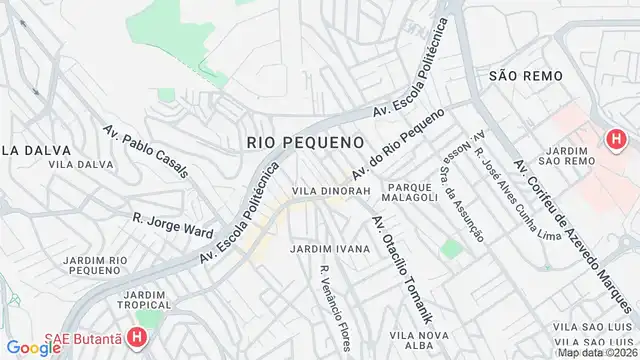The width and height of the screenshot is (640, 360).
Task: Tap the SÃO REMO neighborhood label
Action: click(526, 75)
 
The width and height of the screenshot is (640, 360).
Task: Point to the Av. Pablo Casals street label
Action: click(145, 150)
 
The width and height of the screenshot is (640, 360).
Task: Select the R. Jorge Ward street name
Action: click(172, 223)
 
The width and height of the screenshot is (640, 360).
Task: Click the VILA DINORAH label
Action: click(331, 190)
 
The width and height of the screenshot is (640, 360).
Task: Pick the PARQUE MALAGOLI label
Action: click(412, 191)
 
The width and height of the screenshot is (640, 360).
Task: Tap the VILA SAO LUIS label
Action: click(594, 326)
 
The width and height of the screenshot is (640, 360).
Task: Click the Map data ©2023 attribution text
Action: click(597, 353)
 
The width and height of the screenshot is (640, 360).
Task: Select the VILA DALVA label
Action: click(72, 163)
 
